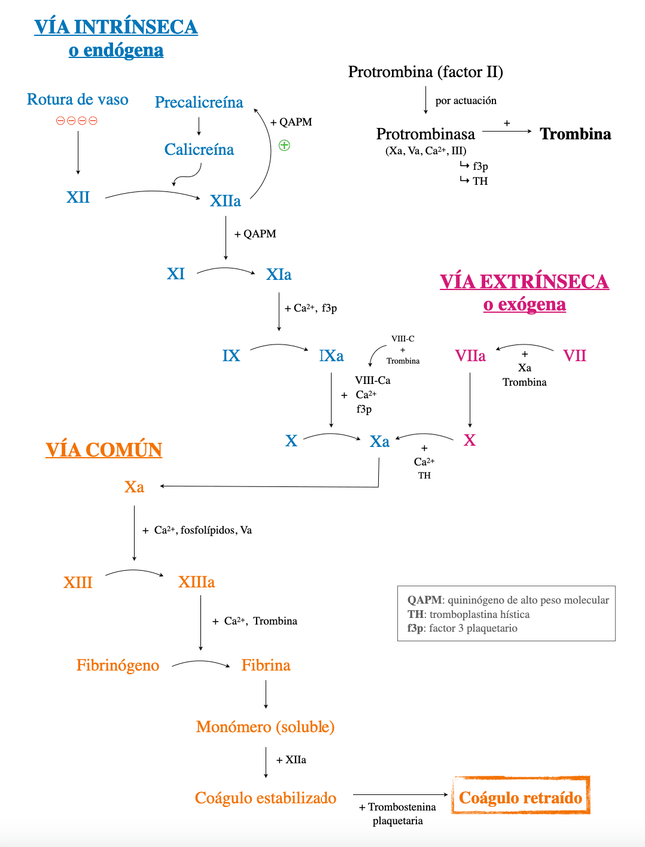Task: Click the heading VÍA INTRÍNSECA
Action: point(116,27)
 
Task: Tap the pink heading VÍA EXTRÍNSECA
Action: point(524,282)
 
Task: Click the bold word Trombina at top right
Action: point(575,134)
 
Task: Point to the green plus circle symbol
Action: point(284,145)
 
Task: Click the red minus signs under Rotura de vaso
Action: point(77,121)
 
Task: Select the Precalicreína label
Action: point(199,102)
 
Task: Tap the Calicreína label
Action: point(199,149)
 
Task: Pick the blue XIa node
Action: point(279,273)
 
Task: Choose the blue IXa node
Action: point(331,355)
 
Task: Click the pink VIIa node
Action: point(470,355)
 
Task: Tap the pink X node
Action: point(470,440)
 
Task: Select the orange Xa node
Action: point(135,487)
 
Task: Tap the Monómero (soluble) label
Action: point(265,726)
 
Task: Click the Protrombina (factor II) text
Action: point(426,72)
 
